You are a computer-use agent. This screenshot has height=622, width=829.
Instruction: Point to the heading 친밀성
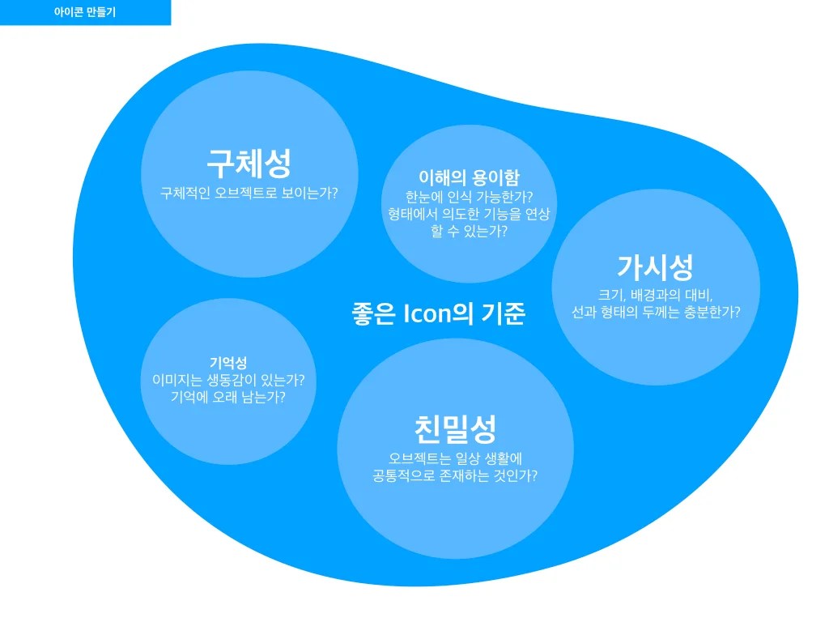[x=454, y=428]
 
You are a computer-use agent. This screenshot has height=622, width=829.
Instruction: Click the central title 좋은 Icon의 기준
[x=438, y=313]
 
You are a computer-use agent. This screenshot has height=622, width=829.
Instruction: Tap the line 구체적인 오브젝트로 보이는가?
[x=249, y=194]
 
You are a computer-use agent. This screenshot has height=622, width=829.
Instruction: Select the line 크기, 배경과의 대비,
[x=655, y=294]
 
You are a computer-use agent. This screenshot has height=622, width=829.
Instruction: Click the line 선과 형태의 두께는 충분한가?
[x=655, y=312]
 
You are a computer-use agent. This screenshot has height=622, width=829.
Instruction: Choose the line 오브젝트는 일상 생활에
[x=454, y=458]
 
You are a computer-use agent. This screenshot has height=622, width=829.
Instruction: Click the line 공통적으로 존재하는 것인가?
[x=454, y=475]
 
